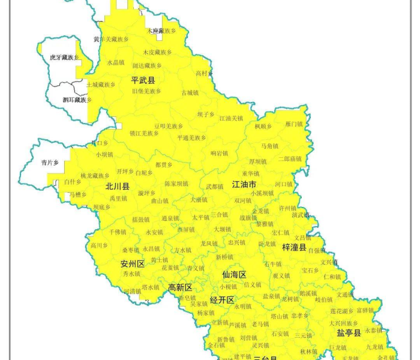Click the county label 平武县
point(143,80)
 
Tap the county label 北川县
point(118,186)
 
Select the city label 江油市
point(245,184)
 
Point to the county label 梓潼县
point(294,247)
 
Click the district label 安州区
point(132,263)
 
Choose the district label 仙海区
point(234,274)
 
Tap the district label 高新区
point(180,287)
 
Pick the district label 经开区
point(221,299)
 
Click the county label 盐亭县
point(349,332)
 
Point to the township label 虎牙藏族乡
point(64,58)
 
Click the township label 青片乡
point(50,163)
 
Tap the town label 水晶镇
point(115,62)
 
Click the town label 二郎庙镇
point(289,159)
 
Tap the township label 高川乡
point(98,245)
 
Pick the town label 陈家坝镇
point(176,184)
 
